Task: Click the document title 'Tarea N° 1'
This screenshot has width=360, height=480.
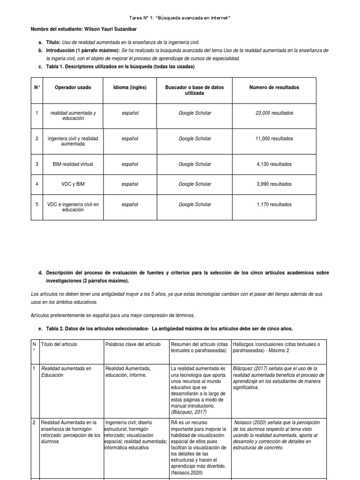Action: (x=180, y=18)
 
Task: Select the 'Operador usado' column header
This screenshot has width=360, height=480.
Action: (x=73, y=88)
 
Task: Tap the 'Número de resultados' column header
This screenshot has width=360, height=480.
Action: (x=274, y=88)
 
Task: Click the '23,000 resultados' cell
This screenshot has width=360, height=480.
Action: (x=274, y=113)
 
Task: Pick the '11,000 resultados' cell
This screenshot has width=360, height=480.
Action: (x=274, y=139)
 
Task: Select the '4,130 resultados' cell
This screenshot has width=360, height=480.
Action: (x=274, y=164)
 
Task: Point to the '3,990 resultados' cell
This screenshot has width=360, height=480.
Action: (x=274, y=184)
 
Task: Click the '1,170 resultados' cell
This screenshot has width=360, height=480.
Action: (x=274, y=204)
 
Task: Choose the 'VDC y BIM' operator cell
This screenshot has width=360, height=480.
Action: (x=73, y=184)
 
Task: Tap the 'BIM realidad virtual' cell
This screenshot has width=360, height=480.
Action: (x=73, y=164)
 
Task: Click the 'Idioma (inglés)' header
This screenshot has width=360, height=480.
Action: (x=130, y=88)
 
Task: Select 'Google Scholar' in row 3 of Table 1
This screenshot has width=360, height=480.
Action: (x=195, y=164)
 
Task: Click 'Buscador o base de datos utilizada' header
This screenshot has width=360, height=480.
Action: (x=195, y=90)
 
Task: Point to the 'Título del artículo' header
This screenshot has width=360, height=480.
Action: (x=60, y=345)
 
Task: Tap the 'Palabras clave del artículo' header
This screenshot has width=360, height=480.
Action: (x=133, y=345)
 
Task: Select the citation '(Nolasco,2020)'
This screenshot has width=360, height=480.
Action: (x=187, y=472)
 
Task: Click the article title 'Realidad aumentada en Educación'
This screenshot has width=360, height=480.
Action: (x=66, y=372)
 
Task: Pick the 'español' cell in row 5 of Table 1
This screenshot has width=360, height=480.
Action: (x=130, y=204)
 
